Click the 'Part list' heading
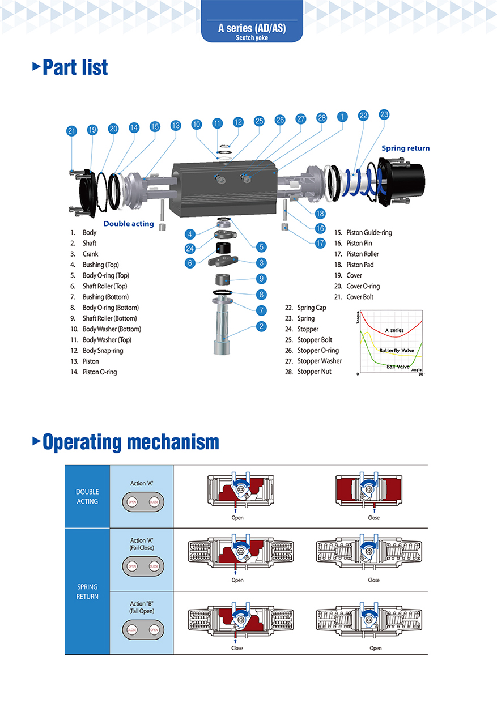pyautogui.click(x=75, y=67)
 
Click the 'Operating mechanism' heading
pyautogui.click(x=130, y=441)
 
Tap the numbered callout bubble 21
pyautogui.click(x=71, y=131)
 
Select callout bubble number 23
pyautogui.click(x=384, y=114)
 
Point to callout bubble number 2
pyautogui.click(x=261, y=326)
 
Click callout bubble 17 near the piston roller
pyautogui.click(x=320, y=242)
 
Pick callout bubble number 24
pyautogui.click(x=190, y=248)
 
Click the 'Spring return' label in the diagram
pyautogui.click(x=405, y=148)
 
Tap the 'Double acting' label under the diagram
pyautogui.click(x=129, y=224)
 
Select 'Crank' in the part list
pyautogui.click(x=90, y=254)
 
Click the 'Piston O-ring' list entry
pyautogui.click(x=99, y=372)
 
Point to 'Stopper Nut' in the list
pyautogui.click(x=315, y=372)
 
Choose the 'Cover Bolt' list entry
pyautogui.click(x=360, y=297)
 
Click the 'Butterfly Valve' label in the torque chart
pyautogui.click(x=397, y=351)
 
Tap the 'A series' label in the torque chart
pyautogui.click(x=394, y=330)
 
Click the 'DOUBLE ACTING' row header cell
pyautogui.click(x=87, y=497)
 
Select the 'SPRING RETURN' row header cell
pyautogui.click(x=87, y=591)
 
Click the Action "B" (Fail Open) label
pyautogui.click(x=142, y=607)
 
